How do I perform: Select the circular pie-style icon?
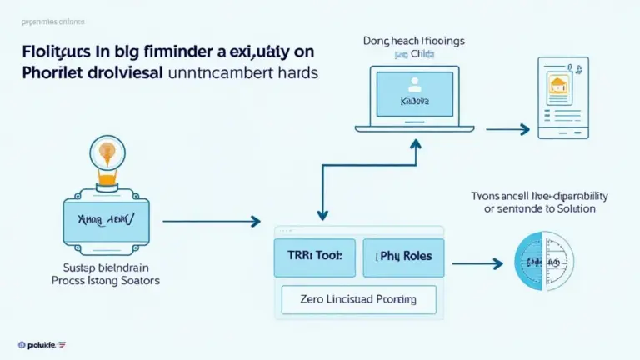(x=543, y=262)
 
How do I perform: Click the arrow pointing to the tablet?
(x=508, y=129)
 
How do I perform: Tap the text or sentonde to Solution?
(x=540, y=208)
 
